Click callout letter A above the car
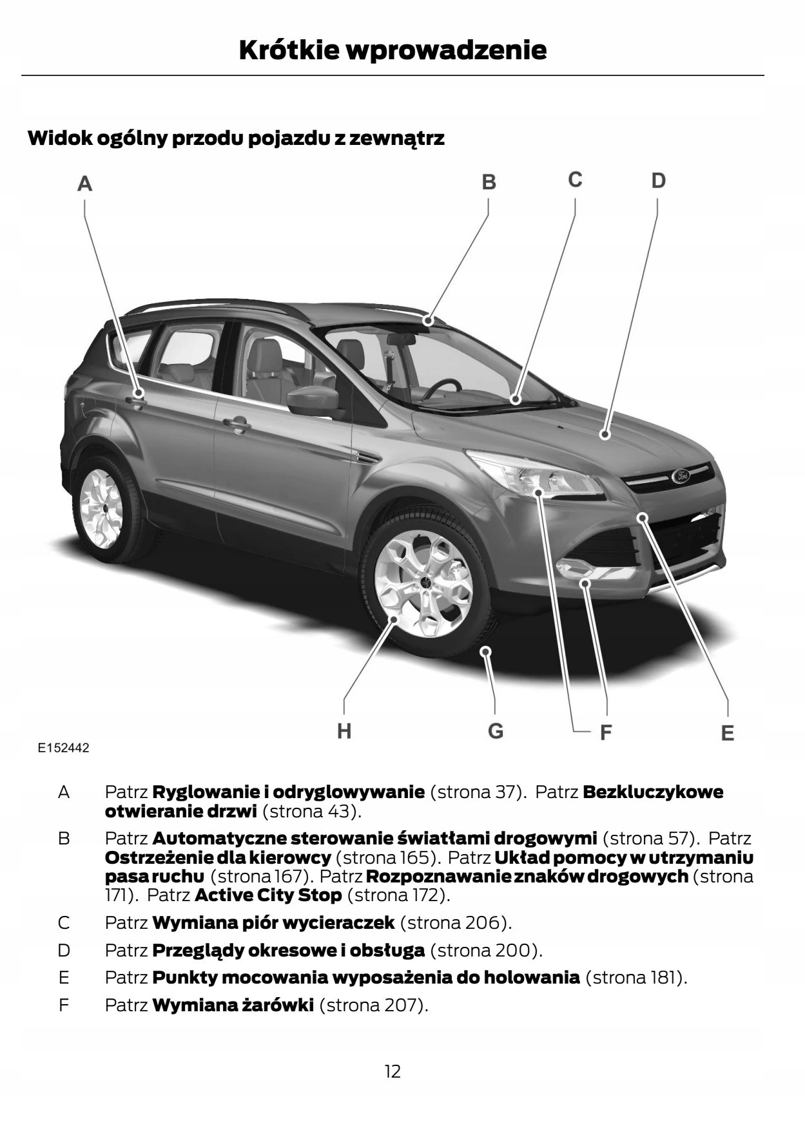(x=84, y=184)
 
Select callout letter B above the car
(x=489, y=182)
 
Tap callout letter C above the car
(x=575, y=180)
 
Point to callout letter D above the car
(x=657, y=180)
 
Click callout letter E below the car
(x=727, y=733)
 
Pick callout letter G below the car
(x=495, y=731)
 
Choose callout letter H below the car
(x=344, y=731)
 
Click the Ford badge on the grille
(x=681, y=476)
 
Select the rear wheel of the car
(x=101, y=507)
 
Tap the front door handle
(x=237, y=425)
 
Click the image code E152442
(x=63, y=748)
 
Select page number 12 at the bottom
(x=393, y=1071)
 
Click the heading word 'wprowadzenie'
(x=447, y=50)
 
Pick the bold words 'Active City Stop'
(x=268, y=895)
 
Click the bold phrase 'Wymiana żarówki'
(x=233, y=1005)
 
